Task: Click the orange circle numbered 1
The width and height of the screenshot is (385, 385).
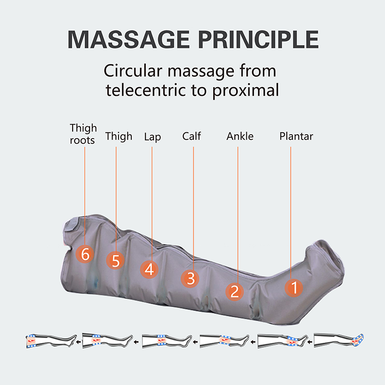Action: pyautogui.click(x=293, y=288)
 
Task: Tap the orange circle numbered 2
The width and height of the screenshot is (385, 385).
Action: pyautogui.click(x=235, y=291)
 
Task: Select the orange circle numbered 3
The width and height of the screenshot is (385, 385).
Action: pyautogui.click(x=191, y=278)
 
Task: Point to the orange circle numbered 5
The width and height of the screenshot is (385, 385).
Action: pyautogui.click(x=115, y=261)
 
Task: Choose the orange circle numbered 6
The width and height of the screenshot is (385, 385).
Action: pyautogui.click(x=85, y=254)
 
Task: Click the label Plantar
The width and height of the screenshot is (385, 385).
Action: pyautogui.click(x=296, y=136)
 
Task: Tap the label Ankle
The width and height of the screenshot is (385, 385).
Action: pyautogui.click(x=240, y=136)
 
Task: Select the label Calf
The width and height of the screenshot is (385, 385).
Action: pyautogui.click(x=192, y=136)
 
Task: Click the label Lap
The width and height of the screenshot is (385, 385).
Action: pyautogui.click(x=152, y=137)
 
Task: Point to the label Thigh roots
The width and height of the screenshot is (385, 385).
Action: pyautogui.click(x=83, y=134)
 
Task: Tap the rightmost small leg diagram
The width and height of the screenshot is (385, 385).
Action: pyautogui.click(x=339, y=341)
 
